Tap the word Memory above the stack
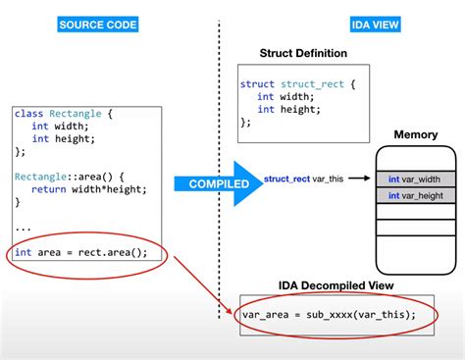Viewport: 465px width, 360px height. coord(416,134)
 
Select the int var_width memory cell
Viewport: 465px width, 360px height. coord(415,179)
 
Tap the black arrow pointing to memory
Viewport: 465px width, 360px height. coord(359,180)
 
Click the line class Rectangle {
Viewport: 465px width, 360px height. coord(64,114)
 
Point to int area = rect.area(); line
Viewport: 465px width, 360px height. coord(81,252)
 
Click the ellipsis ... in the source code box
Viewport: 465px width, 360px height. coord(22,228)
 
